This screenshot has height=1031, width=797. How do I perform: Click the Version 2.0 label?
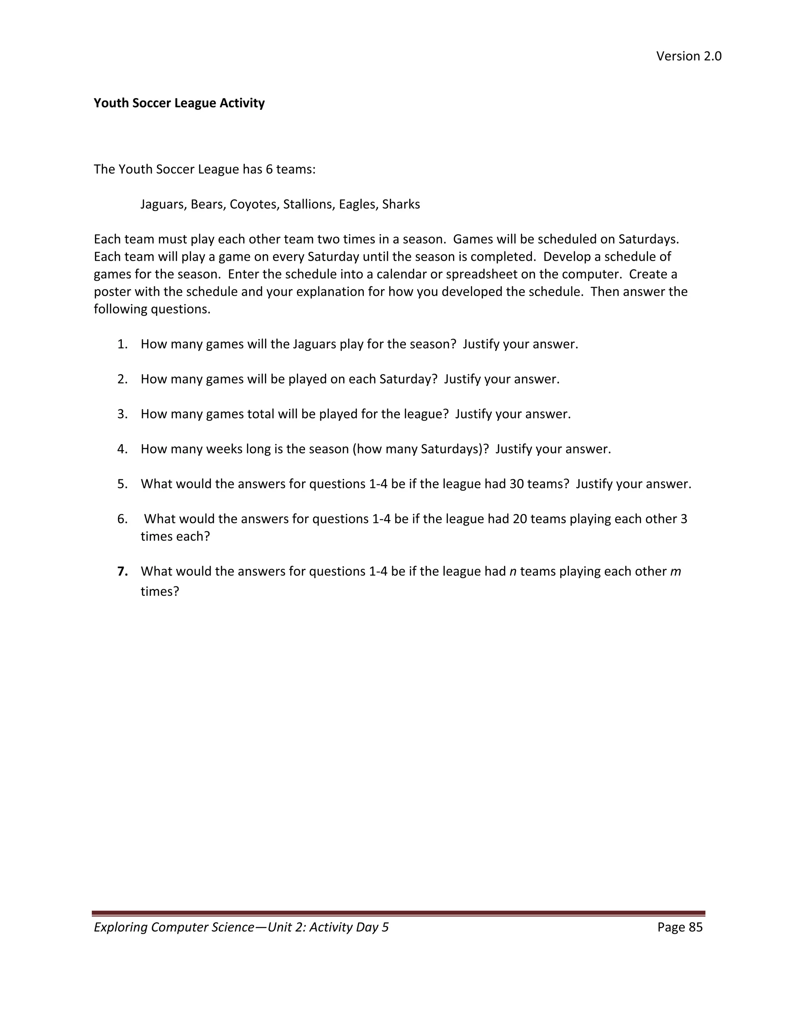point(688,56)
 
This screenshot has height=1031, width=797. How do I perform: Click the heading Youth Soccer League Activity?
point(179,103)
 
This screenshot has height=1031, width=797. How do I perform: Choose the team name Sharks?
point(401,204)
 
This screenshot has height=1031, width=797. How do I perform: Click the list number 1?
point(122,344)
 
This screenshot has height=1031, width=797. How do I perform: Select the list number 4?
point(122,449)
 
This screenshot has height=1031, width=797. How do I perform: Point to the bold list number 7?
point(122,571)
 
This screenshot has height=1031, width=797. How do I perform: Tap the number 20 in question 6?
point(520,519)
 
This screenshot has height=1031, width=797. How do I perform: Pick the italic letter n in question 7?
point(513,572)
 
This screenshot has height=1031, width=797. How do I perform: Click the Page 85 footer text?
point(679,927)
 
